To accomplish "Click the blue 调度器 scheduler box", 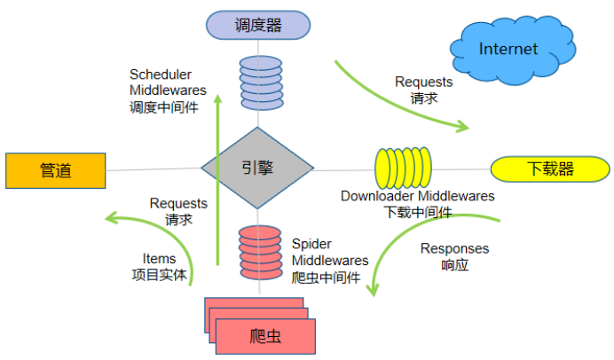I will [x=258, y=25].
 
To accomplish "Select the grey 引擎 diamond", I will [x=258, y=167].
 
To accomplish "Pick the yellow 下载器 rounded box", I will [x=550, y=168].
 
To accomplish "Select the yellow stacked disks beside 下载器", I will [x=403, y=168].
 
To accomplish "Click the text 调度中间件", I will [x=164, y=106].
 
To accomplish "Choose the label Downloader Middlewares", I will [x=418, y=196].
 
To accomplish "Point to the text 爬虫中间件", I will [x=326, y=278].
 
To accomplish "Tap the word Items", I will [x=159, y=258].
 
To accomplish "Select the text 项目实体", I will [x=160, y=275].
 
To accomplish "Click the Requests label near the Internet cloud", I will [x=423, y=82].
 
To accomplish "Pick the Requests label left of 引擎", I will [x=178, y=203].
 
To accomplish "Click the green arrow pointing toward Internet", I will [x=399, y=98].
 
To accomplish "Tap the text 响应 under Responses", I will [x=454, y=265].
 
